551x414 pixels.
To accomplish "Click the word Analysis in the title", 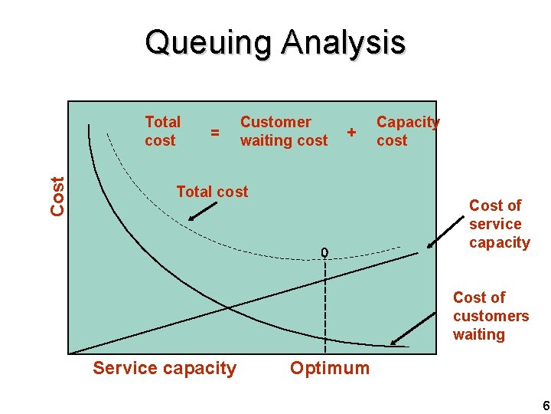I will click(343, 43).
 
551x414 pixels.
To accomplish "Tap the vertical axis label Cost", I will click(57, 195).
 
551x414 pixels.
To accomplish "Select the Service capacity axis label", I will click(165, 368).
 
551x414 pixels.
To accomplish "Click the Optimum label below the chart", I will click(329, 368).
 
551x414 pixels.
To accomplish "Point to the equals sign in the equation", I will click(215, 133).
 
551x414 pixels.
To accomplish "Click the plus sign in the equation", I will click(351, 132).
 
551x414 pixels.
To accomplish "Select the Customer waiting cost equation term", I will click(283, 131).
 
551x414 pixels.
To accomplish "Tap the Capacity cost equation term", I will click(407, 131).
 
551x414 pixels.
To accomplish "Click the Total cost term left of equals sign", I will click(162, 131).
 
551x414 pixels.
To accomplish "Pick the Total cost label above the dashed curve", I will click(212, 192).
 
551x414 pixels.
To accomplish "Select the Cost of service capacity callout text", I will click(499, 224).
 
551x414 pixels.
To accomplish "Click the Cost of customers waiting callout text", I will click(490, 316).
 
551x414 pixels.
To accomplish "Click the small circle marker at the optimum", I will click(324, 252).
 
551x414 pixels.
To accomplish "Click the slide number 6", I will click(545, 406).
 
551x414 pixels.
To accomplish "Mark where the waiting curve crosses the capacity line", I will click(228, 308).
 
